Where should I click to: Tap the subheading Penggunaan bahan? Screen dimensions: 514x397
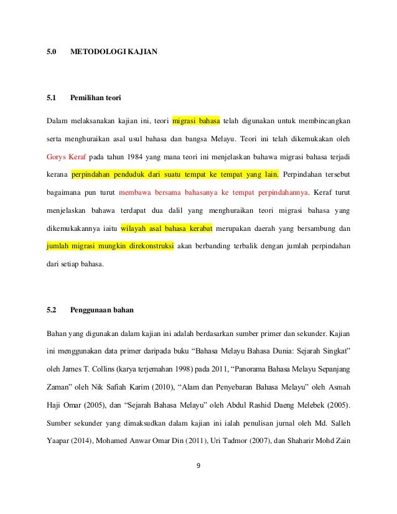[101, 309]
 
